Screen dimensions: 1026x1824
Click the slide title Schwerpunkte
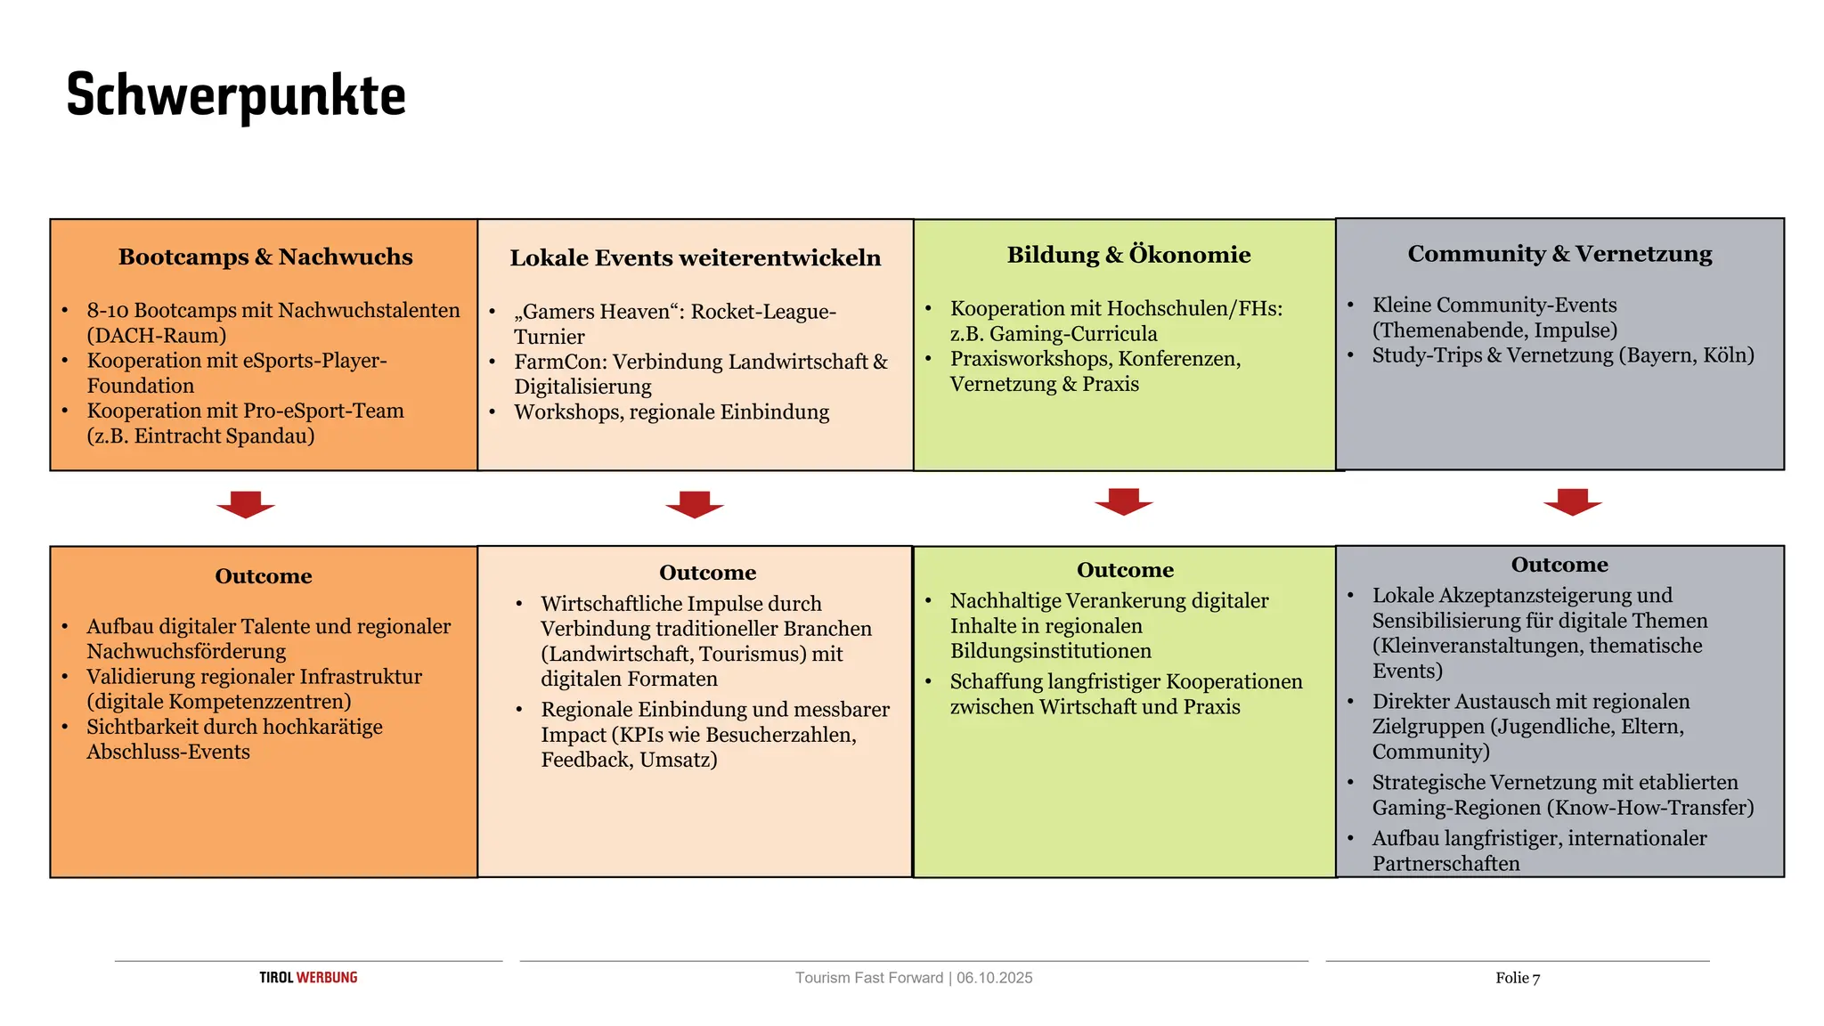[236, 95]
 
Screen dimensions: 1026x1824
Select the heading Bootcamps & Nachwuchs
[265, 256]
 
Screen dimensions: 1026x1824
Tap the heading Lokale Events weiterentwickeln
[695, 258]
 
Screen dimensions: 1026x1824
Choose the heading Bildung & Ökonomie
[1128, 255]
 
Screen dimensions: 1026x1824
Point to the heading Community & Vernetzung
[1559, 254]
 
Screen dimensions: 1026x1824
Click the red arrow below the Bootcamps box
[246, 503]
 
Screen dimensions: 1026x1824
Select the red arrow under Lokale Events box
[695, 503]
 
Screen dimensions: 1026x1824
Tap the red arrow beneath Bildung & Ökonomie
[1124, 501]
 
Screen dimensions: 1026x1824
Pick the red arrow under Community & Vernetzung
[1573, 501]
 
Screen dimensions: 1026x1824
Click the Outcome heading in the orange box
[264, 576]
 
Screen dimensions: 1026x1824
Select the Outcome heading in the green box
[1125, 570]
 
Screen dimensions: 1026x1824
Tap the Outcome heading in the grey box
[1559, 565]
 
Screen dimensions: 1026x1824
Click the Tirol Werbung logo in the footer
[308, 977]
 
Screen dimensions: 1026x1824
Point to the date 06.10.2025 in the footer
[995, 978]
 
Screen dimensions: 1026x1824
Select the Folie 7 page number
[1518, 978]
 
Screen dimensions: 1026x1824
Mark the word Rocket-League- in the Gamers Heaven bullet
[763, 312]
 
